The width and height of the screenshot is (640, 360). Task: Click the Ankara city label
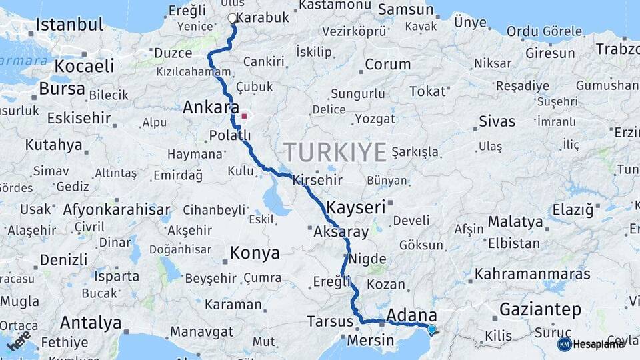(211, 107)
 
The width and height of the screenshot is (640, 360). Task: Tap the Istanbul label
(69, 25)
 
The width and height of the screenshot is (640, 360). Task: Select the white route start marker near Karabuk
(232, 19)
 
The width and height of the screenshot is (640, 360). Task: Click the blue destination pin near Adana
(431, 329)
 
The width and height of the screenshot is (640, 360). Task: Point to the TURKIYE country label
(335, 153)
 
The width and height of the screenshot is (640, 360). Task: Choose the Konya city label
(255, 253)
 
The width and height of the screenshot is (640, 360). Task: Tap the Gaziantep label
(540, 310)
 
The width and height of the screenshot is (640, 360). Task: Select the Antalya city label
(91, 323)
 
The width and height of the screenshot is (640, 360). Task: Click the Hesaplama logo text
(598, 344)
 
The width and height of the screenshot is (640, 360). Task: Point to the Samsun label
(405, 10)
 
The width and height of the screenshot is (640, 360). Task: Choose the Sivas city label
(497, 121)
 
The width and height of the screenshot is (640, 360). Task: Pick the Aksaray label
(341, 233)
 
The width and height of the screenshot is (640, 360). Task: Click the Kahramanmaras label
(533, 274)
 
